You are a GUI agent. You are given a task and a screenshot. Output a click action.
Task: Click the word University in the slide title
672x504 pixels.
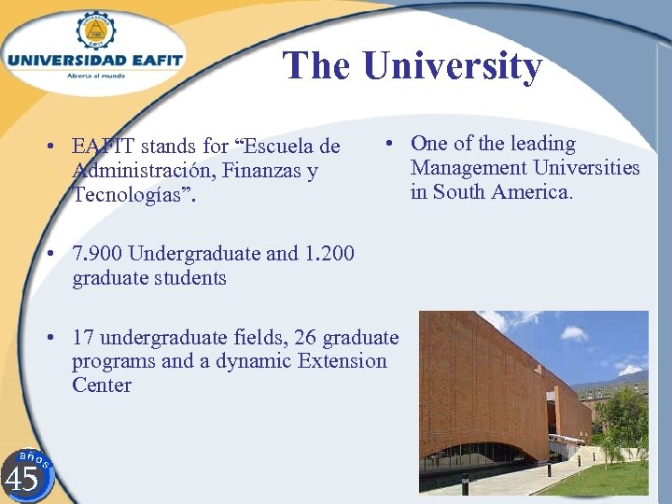(x=452, y=66)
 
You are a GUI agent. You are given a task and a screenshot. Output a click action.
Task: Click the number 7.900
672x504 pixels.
(x=97, y=254)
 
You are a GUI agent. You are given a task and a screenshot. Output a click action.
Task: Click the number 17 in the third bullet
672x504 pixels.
(x=83, y=337)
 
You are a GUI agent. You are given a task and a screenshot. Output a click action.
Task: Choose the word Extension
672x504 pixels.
(x=339, y=361)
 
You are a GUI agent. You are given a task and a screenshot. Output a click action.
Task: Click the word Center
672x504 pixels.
(x=102, y=385)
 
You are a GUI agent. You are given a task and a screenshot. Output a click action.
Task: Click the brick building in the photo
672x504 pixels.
(x=495, y=392)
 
